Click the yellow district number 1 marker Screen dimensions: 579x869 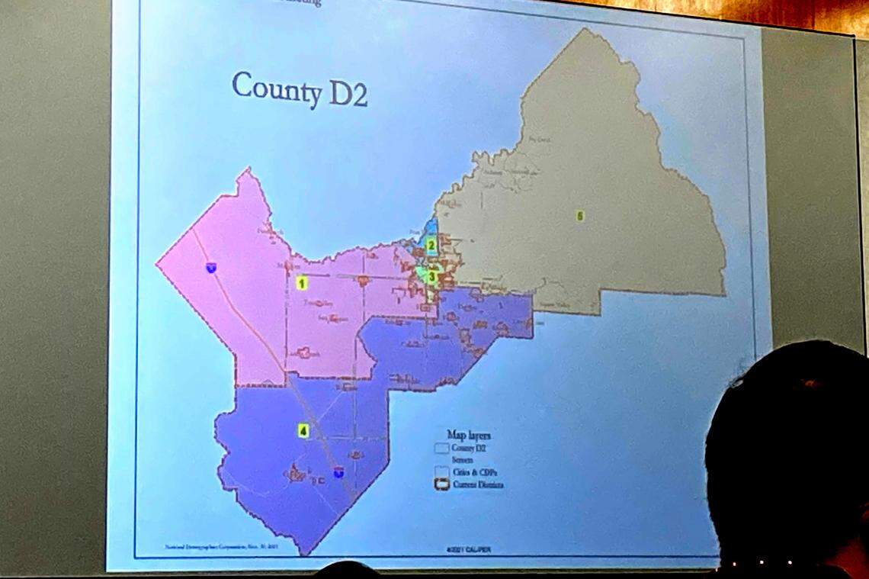[x=301, y=283]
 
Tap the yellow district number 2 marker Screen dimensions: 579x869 [x=431, y=246]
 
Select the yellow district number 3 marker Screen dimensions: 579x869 [x=431, y=277]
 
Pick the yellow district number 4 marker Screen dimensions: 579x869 [x=303, y=431]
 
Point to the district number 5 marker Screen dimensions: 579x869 [x=580, y=216]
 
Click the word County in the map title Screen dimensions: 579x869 [x=277, y=89]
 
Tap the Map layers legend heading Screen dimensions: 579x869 [x=468, y=435]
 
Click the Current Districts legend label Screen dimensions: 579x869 [x=478, y=484]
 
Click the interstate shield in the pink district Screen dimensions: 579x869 [x=210, y=267]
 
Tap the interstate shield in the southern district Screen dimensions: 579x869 [x=338, y=473]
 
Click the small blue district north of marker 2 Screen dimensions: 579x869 [x=431, y=227]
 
